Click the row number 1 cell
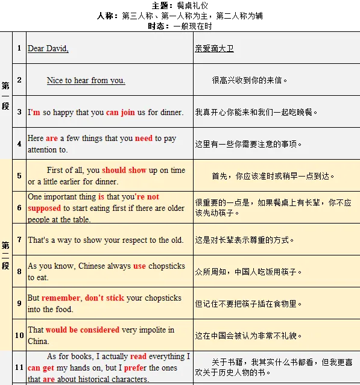pos(19,48)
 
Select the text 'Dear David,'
pos(48,49)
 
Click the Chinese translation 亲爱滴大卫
pos(214,49)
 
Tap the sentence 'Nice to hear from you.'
pos(86,80)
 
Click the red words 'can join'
pos(121,112)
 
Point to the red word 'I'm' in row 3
pos(34,112)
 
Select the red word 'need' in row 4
pos(144,139)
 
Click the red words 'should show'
pos(124,171)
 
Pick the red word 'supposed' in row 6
pos(45,208)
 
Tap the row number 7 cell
pos(19,240)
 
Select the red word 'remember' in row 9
pos(61,298)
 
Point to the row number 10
pos(19,336)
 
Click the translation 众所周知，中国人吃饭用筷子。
pos(248,272)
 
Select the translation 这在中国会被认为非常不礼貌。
pos(248,336)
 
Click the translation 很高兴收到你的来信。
pos(250,80)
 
